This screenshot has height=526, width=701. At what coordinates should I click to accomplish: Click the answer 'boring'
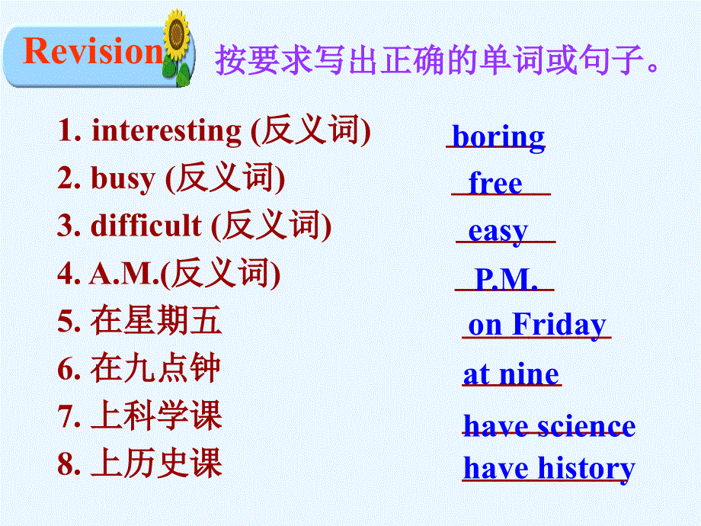tap(498, 137)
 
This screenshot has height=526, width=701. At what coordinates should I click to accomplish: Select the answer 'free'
tap(495, 184)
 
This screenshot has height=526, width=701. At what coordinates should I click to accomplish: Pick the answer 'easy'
tap(498, 230)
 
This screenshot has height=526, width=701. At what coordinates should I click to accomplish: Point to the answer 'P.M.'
tap(505, 280)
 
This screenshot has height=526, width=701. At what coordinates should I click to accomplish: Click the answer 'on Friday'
tap(536, 325)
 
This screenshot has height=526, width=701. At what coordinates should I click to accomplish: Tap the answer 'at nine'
tap(511, 374)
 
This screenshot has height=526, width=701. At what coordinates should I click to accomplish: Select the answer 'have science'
tap(549, 425)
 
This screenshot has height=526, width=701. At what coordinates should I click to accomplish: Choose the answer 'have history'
tap(549, 468)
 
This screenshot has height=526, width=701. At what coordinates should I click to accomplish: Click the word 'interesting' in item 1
tap(166, 131)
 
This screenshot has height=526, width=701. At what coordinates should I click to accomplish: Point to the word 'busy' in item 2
tap(122, 179)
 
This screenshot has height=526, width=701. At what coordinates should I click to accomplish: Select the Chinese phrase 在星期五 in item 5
tap(156, 321)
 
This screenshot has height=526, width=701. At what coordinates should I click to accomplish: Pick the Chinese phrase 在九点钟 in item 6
tap(156, 368)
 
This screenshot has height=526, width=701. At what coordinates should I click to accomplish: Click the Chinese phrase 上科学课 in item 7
tap(156, 416)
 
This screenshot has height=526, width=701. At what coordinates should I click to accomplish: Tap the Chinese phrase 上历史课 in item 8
tap(156, 463)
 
